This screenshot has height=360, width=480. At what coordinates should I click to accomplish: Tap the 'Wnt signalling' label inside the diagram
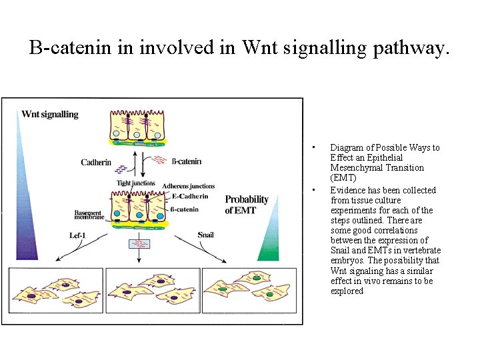coord(50,114)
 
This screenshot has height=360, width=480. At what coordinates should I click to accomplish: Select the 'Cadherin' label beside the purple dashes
coord(97,162)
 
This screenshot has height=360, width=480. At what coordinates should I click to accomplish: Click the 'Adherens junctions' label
coord(189,186)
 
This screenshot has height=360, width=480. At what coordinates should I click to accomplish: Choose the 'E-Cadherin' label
coord(189,196)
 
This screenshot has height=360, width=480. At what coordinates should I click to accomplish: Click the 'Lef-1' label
coord(78,235)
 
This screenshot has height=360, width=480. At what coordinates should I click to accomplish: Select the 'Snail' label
coord(205,235)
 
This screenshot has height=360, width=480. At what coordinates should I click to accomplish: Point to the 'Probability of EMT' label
coord(247,205)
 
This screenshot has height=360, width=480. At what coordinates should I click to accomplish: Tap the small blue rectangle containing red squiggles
coord(139,243)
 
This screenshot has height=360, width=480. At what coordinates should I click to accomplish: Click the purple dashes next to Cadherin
coord(123,169)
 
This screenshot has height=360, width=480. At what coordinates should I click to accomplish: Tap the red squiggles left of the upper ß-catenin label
coord(160,159)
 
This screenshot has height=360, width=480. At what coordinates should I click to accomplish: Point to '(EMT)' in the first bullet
coord(343,178)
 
